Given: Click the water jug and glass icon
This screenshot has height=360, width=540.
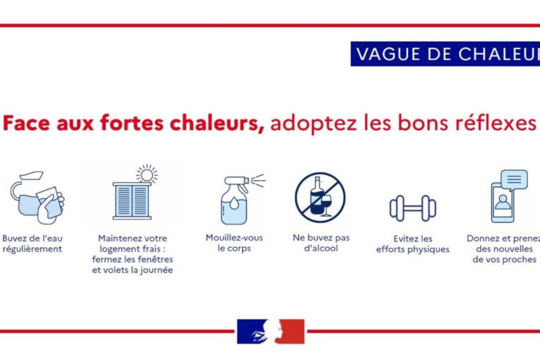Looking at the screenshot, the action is click(37, 198).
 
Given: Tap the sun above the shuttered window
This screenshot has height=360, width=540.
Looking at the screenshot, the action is click(147, 174).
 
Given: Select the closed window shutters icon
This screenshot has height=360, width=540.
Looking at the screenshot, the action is click(132, 201).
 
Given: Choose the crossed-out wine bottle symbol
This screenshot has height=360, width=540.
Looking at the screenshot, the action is click(320, 197).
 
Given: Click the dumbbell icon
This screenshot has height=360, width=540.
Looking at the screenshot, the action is click(413, 208).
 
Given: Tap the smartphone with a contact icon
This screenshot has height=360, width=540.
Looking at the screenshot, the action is click(503, 203).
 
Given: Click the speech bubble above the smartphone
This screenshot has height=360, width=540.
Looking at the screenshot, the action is click(514, 179).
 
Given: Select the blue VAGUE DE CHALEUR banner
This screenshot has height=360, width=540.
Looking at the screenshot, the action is click(445, 54).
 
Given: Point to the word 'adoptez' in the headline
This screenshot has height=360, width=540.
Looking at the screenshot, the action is click(313, 124).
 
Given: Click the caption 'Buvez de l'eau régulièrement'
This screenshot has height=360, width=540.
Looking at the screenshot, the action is click(32, 244).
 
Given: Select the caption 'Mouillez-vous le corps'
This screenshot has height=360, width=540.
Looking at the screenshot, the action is click(234, 243).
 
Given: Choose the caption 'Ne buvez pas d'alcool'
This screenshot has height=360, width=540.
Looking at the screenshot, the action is click(321, 243).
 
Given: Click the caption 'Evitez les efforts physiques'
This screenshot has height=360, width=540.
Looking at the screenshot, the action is click(412, 244).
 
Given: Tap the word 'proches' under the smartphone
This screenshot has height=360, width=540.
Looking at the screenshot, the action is click(519, 259).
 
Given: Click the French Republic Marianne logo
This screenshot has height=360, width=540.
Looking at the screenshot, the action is click(270, 331).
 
